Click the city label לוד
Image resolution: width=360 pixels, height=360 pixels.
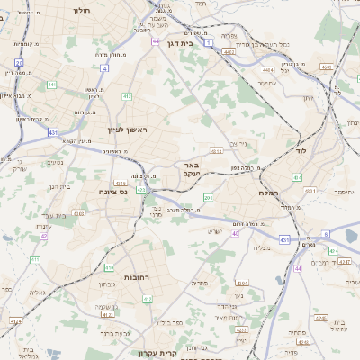coord(301,151)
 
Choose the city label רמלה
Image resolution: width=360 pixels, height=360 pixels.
coord(269,193)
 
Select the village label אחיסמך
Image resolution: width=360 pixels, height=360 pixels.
coord(343,192)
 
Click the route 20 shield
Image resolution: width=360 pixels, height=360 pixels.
coord(19,62)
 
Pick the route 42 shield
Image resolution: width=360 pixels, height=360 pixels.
coord(42,237)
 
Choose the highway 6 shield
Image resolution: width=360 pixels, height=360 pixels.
coord(326,234)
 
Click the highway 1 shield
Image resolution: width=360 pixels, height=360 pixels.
coord(209,42)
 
